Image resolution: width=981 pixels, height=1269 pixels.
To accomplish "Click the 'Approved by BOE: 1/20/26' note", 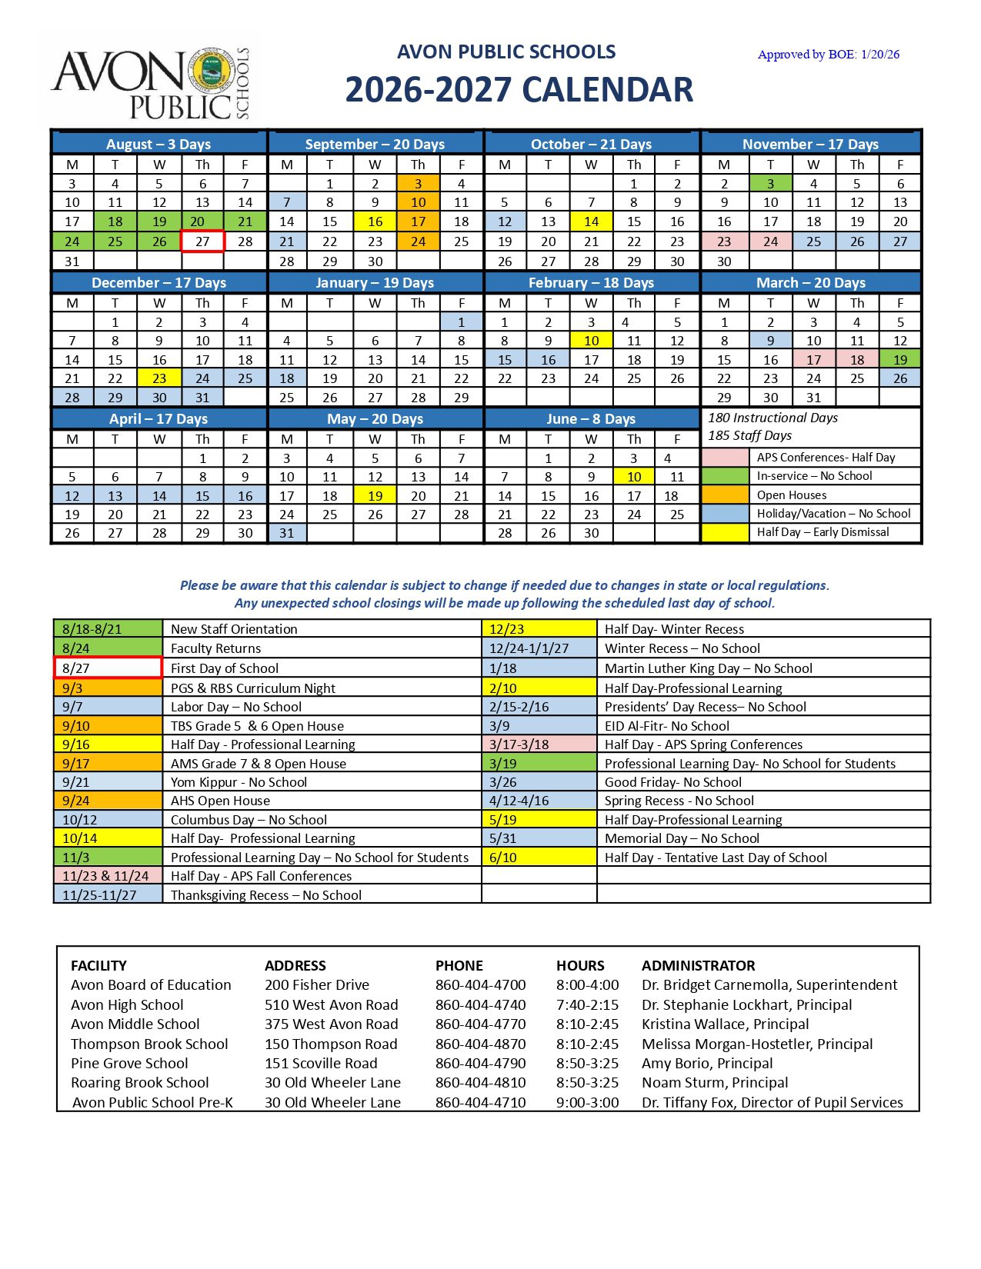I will pos(828,55).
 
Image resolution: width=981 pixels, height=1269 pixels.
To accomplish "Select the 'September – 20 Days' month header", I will pos(375,144).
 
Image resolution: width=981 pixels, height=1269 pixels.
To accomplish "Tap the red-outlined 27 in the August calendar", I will pos(202,241).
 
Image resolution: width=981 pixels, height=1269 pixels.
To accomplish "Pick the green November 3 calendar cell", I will pos(770,184).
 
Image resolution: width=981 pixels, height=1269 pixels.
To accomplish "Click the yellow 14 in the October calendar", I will pos(591,221).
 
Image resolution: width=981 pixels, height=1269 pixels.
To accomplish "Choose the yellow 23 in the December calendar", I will pos(159,378).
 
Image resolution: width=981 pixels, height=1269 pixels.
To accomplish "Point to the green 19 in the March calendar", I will pos(900,360).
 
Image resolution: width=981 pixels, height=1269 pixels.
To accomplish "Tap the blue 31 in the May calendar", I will pos(287,533).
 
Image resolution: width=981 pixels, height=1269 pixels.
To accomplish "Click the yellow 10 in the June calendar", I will pos(634,477).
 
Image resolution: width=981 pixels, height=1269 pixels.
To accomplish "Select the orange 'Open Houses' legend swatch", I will pos(725,495).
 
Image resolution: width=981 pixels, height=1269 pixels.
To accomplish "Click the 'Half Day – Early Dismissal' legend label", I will pos(823,532).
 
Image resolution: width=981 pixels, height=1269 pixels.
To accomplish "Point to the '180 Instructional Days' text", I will pos(772,418).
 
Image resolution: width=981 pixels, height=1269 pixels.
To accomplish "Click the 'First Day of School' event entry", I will pos(225,668).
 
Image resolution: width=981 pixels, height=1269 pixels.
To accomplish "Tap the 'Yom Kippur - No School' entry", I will pos(239,782).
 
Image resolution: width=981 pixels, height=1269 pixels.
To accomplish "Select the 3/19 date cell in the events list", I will pos(539,764).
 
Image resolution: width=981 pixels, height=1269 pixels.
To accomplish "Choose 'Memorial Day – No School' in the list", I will pos(682,838).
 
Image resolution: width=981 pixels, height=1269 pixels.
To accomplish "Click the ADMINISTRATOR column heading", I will pos(698,965).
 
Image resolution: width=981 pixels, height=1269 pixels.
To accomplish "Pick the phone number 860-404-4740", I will pos(480,1005).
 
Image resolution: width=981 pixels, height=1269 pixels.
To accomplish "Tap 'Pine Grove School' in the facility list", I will pos(129,1064).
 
